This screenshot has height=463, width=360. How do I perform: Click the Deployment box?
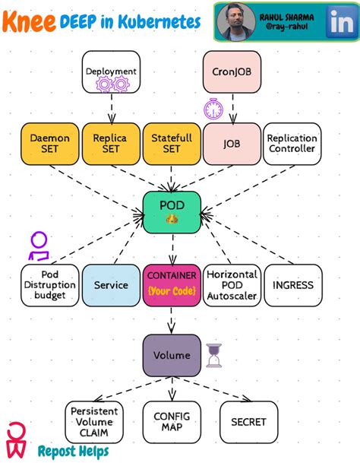111,71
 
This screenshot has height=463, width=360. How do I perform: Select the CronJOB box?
232,71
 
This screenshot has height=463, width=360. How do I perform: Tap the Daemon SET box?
49,143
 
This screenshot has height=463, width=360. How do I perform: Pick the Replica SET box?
110,143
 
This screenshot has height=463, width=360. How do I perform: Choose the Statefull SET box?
172,143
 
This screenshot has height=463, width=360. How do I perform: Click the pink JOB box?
232,143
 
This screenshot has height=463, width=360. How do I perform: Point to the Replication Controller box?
292,143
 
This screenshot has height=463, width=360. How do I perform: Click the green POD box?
172,211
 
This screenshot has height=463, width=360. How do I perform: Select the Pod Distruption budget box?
49,285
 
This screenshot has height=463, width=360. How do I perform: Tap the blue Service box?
110,285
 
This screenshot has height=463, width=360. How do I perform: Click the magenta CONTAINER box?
172,285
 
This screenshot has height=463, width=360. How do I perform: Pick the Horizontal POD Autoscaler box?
232,285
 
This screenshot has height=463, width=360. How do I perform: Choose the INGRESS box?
292,285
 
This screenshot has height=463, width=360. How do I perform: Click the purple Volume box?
172,355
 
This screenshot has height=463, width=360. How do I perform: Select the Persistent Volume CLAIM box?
93,422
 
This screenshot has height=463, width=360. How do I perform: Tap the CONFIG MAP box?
172,422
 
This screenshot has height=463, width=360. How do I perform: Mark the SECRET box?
248,422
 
